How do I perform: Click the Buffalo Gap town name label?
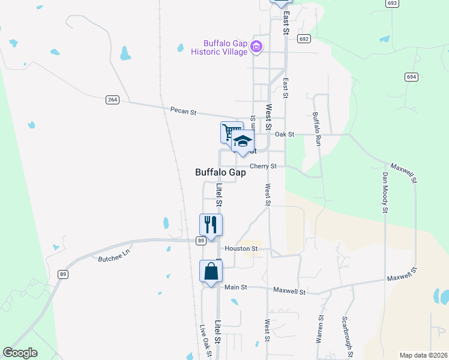[220, 172]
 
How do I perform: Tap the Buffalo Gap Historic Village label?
[219, 47]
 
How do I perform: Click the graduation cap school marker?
[243, 142]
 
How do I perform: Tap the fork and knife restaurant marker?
[211, 224]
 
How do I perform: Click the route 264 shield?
[112, 100]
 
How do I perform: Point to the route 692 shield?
[304, 38]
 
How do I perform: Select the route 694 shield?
[411, 77]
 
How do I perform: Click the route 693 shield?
[392, 3]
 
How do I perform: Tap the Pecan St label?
[183, 111]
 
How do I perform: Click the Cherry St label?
[263, 166]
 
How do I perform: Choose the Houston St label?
[241, 248]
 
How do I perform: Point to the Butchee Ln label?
[113, 257]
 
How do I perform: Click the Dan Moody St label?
[385, 192]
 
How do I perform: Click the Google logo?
[20, 353]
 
